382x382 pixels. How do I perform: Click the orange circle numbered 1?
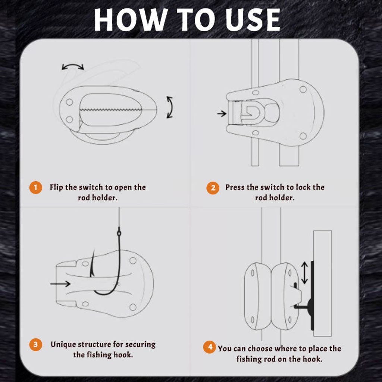[36, 188]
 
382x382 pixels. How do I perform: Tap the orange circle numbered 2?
[213, 188]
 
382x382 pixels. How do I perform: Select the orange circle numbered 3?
[36, 344]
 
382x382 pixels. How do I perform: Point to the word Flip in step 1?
[56, 187]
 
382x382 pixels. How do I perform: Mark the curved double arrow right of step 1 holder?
[170, 107]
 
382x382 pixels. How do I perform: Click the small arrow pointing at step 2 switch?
[222, 113]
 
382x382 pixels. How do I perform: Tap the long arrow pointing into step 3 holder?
[60, 284]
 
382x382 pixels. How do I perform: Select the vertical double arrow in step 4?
[304, 273]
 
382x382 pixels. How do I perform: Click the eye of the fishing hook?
[119, 233]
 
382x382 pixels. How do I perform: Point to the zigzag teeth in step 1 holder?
[111, 110]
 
